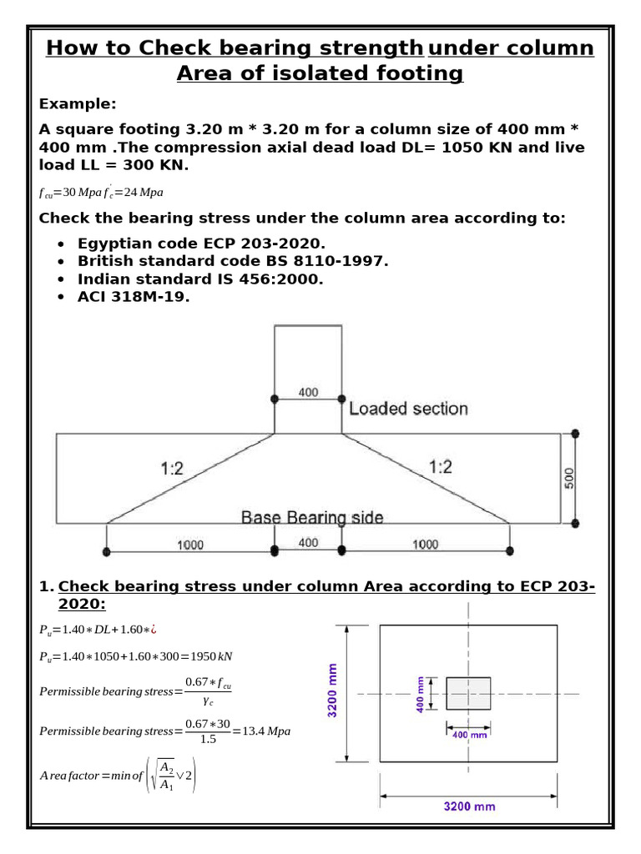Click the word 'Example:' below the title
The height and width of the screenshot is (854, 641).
78,103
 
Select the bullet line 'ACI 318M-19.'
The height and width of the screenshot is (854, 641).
134,297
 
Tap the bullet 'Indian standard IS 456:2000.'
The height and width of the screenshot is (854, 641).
200,279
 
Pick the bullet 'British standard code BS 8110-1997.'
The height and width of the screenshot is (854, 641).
233,261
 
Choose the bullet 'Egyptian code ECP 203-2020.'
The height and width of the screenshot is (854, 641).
201,244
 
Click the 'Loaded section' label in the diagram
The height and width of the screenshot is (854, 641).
408,409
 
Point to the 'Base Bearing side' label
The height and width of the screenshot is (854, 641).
312,518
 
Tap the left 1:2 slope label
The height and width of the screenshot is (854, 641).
171,469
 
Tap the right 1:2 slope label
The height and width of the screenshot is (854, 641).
441,467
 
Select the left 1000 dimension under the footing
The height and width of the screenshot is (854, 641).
189,545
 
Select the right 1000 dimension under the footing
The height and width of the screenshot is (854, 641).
425,545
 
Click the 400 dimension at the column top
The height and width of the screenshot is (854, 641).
308,392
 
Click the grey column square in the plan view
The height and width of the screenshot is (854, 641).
468,694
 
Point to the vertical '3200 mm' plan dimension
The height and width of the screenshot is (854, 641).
334,693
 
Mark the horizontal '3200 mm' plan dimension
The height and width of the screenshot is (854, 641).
468,806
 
